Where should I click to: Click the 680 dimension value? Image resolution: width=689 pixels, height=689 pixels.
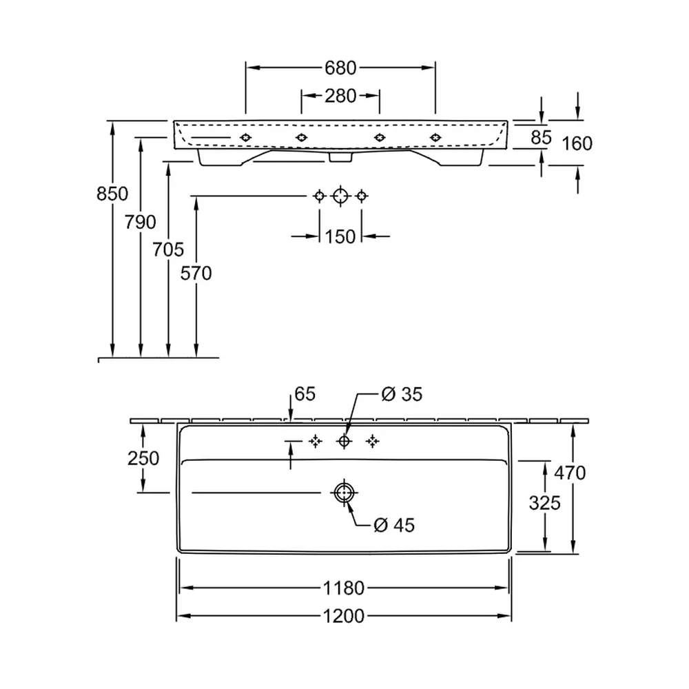340,68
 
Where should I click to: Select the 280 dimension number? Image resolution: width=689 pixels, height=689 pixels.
340,96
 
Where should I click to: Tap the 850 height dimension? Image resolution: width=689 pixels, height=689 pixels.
112,194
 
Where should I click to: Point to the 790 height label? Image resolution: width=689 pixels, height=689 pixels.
140,223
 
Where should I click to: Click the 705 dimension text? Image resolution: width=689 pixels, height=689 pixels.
168,249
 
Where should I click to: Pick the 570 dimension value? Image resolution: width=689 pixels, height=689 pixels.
196,274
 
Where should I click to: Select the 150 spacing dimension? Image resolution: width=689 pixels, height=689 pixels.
340,237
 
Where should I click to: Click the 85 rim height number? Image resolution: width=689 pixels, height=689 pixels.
541,138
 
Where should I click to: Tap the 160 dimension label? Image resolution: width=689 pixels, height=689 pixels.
577,144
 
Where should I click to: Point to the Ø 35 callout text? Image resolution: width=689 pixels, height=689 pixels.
402,394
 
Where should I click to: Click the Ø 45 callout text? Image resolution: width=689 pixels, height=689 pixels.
394,524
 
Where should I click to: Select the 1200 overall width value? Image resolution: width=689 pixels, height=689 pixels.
344,616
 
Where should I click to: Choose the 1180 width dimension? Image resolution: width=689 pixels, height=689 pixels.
344,588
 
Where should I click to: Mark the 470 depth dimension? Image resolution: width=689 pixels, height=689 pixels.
570,473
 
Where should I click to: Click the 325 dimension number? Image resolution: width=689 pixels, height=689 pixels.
544,503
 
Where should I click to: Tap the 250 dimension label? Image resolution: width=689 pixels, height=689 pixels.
143,458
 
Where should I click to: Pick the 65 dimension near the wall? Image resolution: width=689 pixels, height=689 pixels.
305,394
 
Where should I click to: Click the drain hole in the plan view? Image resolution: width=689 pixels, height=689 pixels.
344,493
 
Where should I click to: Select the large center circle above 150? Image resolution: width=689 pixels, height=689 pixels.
340,196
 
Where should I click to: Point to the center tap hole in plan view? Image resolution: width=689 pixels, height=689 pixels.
344,441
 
